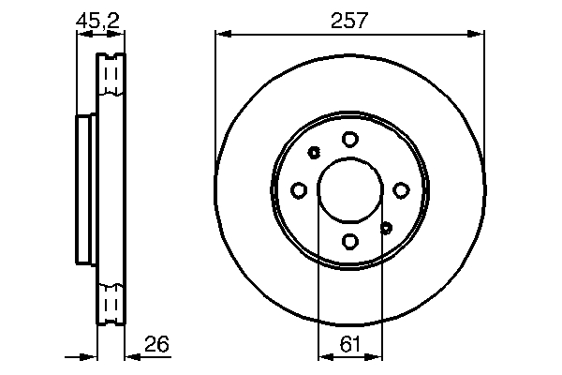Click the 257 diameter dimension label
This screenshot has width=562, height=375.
click(x=349, y=21)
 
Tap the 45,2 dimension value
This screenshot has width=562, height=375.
click(x=97, y=21)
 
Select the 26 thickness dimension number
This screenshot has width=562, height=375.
click(x=156, y=344)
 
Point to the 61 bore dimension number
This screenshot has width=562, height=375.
click(x=349, y=344)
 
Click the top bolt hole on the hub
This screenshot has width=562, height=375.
click(x=349, y=139)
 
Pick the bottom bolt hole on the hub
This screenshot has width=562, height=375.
click(x=349, y=241)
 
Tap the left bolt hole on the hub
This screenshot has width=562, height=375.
click(x=299, y=190)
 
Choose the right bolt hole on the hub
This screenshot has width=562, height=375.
click(x=401, y=190)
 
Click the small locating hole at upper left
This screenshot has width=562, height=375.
click(x=314, y=153)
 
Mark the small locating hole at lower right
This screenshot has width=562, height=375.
click(x=386, y=228)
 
